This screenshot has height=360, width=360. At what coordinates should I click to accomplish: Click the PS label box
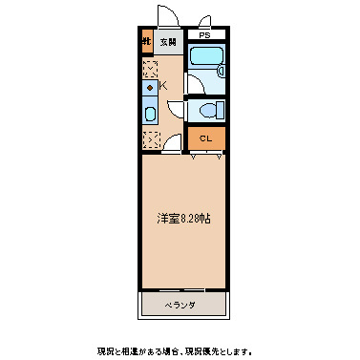pyautogui.click(x=205, y=34)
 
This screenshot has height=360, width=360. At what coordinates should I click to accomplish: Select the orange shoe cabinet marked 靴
pyautogui.click(x=148, y=42)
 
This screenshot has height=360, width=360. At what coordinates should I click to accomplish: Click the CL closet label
pyautogui.click(x=205, y=139)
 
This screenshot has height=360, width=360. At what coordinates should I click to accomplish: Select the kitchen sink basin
pyautogui.click(x=149, y=114)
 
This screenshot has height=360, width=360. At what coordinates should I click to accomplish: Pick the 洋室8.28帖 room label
pyautogui.click(x=184, y=218)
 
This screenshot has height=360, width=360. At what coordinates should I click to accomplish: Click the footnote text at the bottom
pyautogui.click(x=180, y=349)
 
